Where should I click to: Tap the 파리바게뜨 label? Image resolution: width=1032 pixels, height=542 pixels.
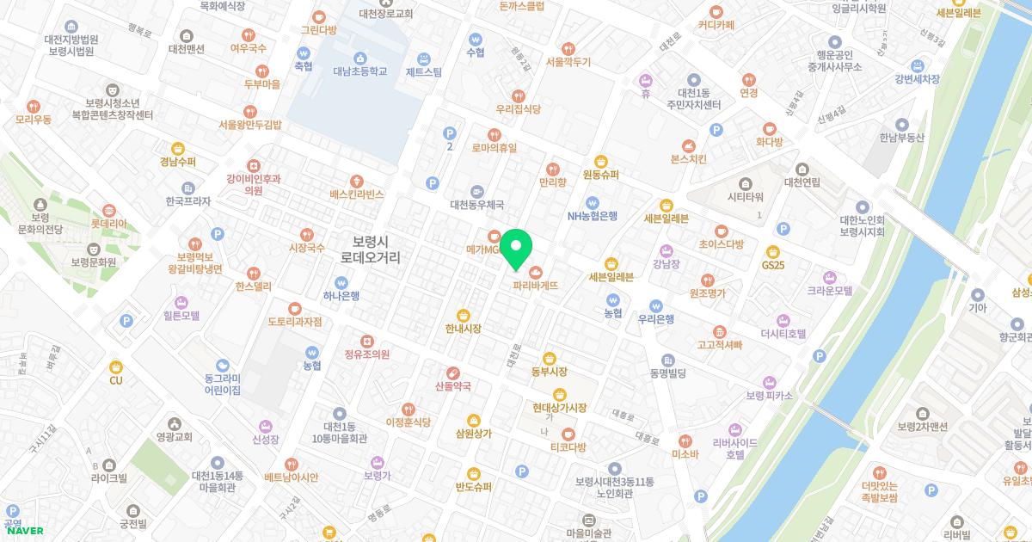point(536,284)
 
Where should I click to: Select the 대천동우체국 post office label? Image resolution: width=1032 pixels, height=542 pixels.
point(476,205)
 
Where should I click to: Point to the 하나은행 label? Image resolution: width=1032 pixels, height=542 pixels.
point(341,295)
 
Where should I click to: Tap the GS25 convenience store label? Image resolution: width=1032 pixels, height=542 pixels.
point(773,264)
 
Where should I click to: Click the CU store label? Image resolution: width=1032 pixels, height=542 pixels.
point(115,379)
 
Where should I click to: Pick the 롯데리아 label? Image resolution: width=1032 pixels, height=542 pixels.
point(109,223)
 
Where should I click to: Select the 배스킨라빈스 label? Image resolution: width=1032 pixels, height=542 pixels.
point(356,194)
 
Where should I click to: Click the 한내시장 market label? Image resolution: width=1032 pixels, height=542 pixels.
point(463,328)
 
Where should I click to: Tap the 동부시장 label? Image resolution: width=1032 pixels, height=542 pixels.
point(549,371)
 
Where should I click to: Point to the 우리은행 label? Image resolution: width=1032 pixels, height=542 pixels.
point(656,318)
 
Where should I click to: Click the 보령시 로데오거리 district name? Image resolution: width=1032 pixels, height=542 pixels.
point(371,249)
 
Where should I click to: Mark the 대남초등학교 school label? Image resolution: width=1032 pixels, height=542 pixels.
point(359,71)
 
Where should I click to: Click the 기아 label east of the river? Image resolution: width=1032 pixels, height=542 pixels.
point(977,307)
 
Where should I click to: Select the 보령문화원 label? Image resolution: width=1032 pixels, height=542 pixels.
point(94,262)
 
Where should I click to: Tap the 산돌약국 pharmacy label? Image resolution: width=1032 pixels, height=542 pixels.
point(453,385)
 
